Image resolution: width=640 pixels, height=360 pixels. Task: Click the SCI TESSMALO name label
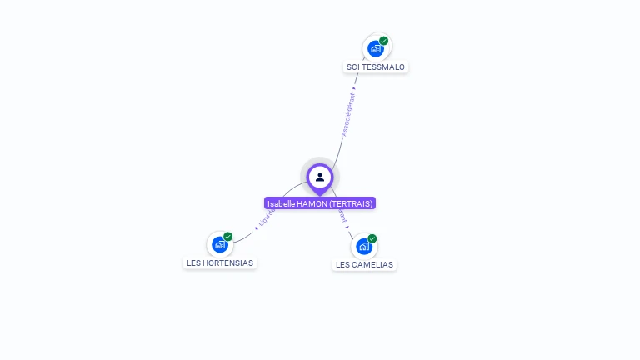376,67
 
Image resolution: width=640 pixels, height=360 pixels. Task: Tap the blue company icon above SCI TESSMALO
376,49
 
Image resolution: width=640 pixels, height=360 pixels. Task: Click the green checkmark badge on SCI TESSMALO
384,41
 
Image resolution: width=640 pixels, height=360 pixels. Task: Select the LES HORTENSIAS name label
220,262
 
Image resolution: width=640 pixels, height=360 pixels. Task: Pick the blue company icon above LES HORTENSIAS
219,245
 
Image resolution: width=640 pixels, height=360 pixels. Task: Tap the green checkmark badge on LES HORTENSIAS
228,237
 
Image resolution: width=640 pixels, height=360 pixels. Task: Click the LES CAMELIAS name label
364,264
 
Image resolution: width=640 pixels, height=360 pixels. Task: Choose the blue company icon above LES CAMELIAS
363,247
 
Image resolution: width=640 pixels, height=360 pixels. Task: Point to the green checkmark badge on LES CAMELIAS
372,238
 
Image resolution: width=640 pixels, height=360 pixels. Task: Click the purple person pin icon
320,177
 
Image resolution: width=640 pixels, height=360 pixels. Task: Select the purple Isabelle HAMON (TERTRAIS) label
320,203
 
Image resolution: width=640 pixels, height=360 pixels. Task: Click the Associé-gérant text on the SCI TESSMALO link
348,114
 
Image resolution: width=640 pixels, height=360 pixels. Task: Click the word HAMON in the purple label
312,203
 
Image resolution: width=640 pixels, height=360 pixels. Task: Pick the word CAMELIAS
372,264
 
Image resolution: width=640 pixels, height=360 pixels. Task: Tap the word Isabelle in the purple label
281,203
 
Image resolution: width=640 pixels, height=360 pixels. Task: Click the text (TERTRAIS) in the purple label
351,203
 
